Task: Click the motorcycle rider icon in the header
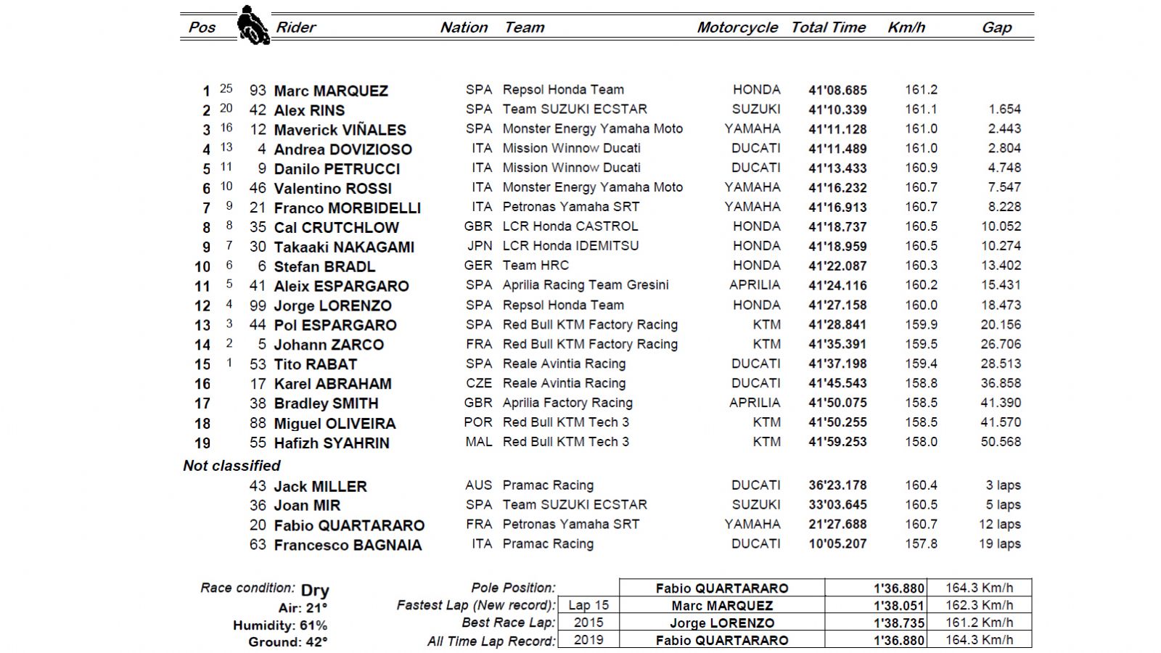pyautogui.click(x=253, y=25)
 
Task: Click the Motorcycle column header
pyautogui.click(x=737, y=28)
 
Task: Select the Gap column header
pyautogui.click(x=996, y=28)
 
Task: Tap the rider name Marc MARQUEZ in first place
pyautogui.click(x=331, y=91)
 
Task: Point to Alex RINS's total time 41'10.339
pyautogui.click(x=837, y=110)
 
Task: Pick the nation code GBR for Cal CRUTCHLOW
pyautogui.click(x=478, y=226)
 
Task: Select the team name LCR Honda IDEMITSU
pyautogui.click(x=570, y=246)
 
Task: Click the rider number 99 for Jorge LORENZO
pyautogui.click(x=258, y=305)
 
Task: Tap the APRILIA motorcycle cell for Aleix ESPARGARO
pyautogui.click(x=755, y=285)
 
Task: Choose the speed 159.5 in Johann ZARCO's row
pyautogui.click(x=921, y=345)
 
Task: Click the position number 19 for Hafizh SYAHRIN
pyautogui.click(x=202, y=443)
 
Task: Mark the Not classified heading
pyautogui.click(x=231, y=466)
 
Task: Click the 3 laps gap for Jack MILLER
pyautogui.click(x=1003, y=485)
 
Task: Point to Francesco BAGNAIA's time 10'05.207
pyautogui.click(x=837, y=544)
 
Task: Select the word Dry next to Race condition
pyautogui.click(x=315, y=591)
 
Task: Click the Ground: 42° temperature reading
pyautogui.click(x=287, y=642)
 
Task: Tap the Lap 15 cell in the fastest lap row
pyautogui.click(x=588, y=605)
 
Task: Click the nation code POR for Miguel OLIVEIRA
pyautogui.click(x=478, y=422)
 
